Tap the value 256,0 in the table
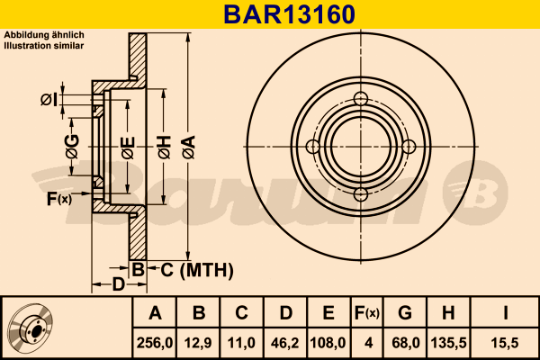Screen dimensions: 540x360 [156, 343]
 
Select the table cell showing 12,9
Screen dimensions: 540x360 [200, 343]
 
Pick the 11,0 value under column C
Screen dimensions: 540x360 [241, 343]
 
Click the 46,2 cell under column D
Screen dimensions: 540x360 [284, 343]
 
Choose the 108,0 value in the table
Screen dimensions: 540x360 [328, 343]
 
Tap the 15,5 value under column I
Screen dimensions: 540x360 [506, 343]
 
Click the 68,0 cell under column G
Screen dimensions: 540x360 [405, 343]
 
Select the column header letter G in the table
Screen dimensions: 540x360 [405, 313]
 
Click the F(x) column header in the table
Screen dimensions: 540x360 [367, 313]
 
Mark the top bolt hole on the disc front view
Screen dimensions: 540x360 [362, 99]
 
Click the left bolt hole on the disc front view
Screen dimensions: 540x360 [313, 148]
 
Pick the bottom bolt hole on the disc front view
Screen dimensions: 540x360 [362, 195]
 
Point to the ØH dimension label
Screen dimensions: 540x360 [164, 147]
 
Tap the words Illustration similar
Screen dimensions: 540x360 [45, 43]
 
